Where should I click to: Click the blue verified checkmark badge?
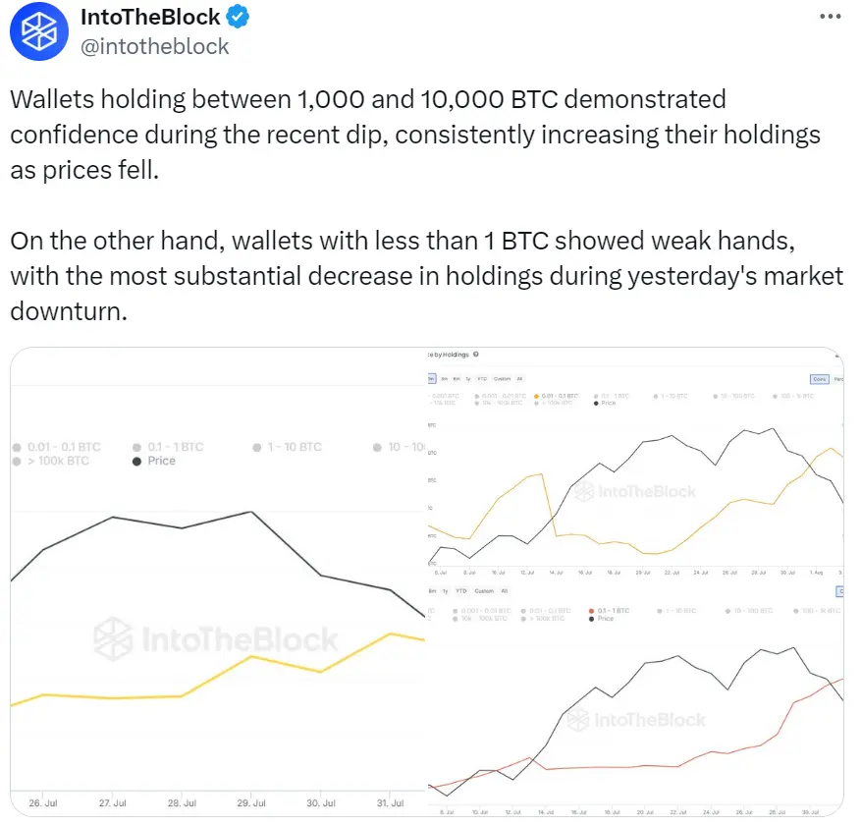click(238, 17)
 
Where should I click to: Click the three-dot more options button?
click(829, 17)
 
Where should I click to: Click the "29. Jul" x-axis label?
click(252, 802)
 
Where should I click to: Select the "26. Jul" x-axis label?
click(43, 802)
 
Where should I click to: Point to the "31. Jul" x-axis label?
click(391, 802)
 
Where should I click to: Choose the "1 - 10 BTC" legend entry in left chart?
click(293, 447)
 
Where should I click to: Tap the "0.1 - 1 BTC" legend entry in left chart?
click(175, 447)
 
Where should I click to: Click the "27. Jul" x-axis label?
click(113, 802)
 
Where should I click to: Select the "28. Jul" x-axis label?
click(183, 802)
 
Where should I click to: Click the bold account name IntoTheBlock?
click(150, 17)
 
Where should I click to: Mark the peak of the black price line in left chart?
click(253, 512)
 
